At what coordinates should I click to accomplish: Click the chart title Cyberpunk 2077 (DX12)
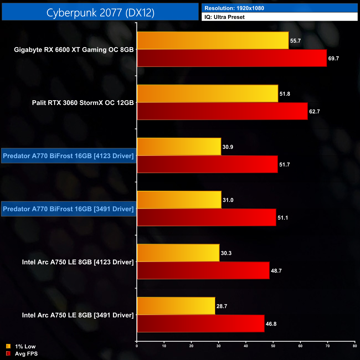coord(100,12)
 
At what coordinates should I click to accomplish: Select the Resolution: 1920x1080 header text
coord(234,8)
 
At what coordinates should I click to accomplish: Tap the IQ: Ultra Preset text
coord(225,17)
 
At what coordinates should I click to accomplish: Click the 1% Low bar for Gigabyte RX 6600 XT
coord(213,40)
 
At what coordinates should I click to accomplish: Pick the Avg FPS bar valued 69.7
coord(232,58)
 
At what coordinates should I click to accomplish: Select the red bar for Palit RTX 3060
coord(222,111)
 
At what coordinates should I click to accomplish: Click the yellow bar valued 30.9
coord(179,147)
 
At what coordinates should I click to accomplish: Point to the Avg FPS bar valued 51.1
coord(206,218)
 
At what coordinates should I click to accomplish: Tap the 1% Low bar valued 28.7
coord(176,306)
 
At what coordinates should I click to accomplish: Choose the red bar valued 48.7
coord(203,271)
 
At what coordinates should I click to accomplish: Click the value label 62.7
coord(314,112)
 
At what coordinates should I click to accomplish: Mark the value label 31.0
coord(228,200)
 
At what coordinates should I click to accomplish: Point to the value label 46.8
coord(271,324)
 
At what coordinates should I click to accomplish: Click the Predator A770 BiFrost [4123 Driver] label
coord(68,156)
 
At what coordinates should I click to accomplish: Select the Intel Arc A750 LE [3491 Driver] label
coord(78,315)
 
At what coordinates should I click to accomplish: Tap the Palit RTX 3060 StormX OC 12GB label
coord(83,103)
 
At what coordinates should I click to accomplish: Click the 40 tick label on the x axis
coord(246,346)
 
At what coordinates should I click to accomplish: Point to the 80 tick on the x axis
coord(355,346)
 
